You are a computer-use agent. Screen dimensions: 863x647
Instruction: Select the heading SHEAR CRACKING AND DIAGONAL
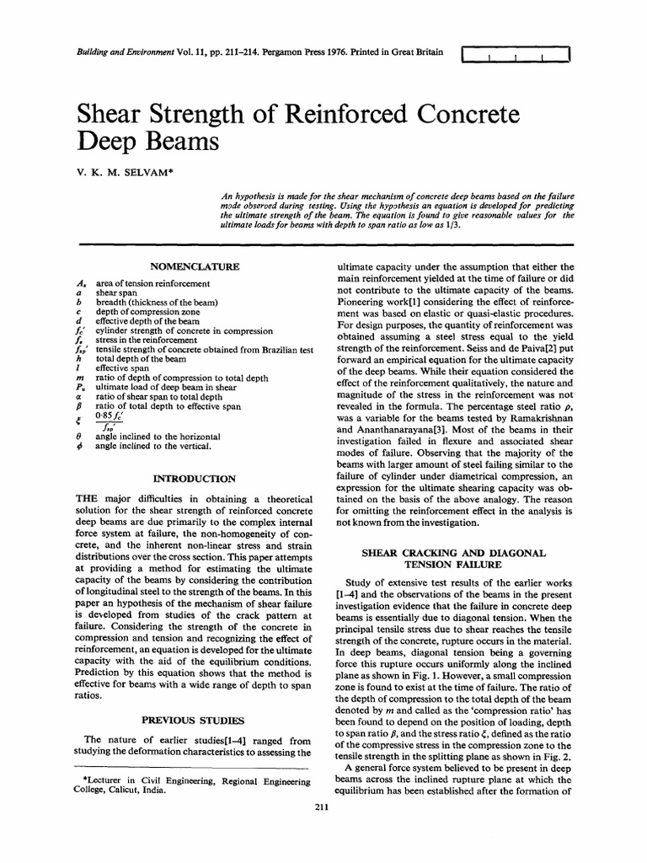tap(454, 552)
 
